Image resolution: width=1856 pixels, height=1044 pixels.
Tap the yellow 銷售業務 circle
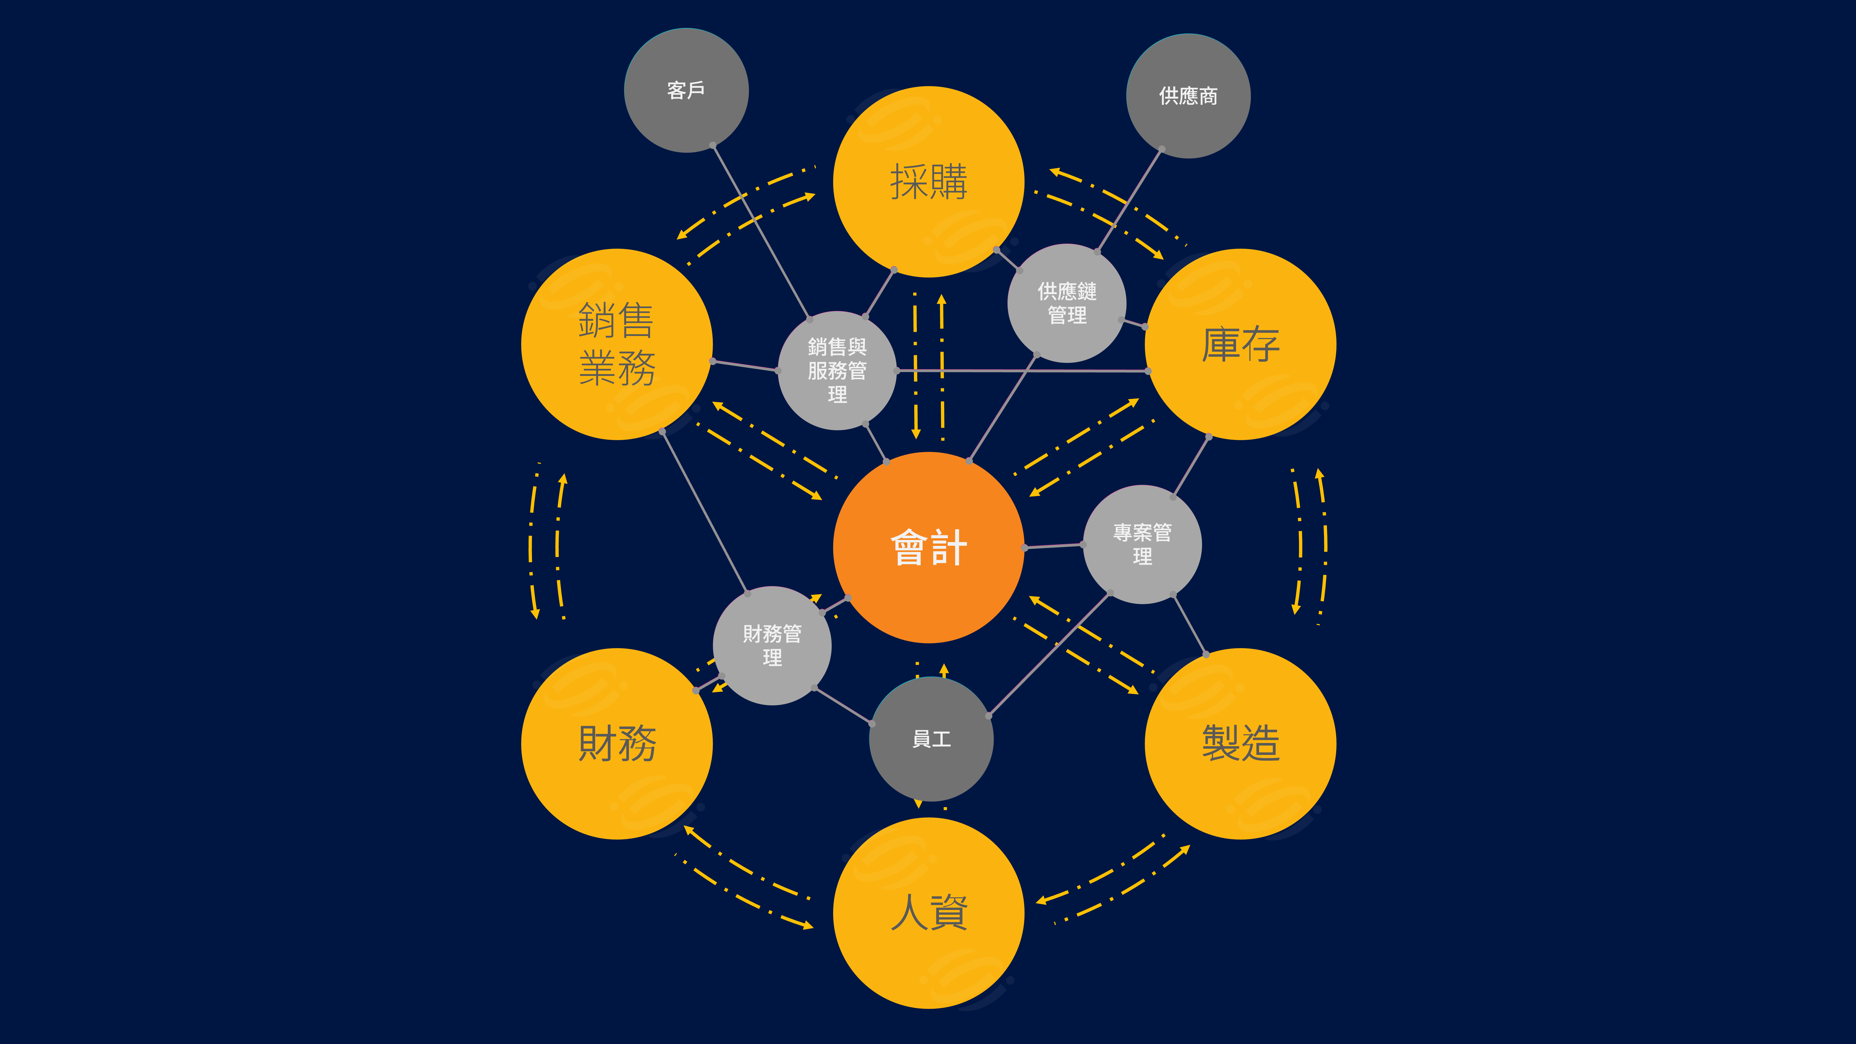(x=617, y=344)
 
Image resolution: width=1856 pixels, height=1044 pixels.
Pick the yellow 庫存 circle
(x=1240, y=344)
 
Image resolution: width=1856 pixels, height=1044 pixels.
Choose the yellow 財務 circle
(x=617, y=744)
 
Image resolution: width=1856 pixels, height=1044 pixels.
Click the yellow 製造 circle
(x=1240, y=744)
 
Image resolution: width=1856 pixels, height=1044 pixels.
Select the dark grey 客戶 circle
(x=686, y=90)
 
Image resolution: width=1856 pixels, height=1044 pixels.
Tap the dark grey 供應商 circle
(x=1188, y=96)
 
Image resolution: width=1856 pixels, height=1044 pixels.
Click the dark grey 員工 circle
(x=931, y=739)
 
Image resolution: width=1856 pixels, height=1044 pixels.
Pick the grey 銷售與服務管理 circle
(x=837, y=370)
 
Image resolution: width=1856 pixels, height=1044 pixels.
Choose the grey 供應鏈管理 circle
(x=1066, y=303)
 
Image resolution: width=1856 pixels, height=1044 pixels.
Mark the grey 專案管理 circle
(x=1142, y=544)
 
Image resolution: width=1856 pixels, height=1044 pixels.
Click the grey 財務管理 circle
(x=772, y=645)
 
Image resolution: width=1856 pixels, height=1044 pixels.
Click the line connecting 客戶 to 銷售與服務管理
(x=761, y=231)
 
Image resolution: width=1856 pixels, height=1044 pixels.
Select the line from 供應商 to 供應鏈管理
(x=1129, y=200)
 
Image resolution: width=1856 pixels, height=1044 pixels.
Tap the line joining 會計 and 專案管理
(x=1053, y=546)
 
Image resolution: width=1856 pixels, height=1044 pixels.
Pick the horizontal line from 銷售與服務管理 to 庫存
(x=1022, y=370)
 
